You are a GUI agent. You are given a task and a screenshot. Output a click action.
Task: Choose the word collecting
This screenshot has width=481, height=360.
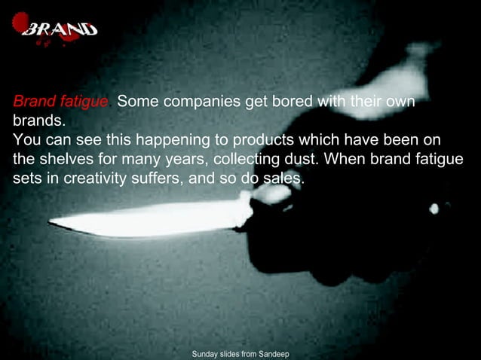point(247,161)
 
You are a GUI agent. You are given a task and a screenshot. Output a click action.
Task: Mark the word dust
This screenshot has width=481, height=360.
point(302,161)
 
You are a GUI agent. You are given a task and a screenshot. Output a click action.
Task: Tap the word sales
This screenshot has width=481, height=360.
point(283,181)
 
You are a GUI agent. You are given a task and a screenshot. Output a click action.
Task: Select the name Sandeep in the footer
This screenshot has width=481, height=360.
point(274,353)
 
